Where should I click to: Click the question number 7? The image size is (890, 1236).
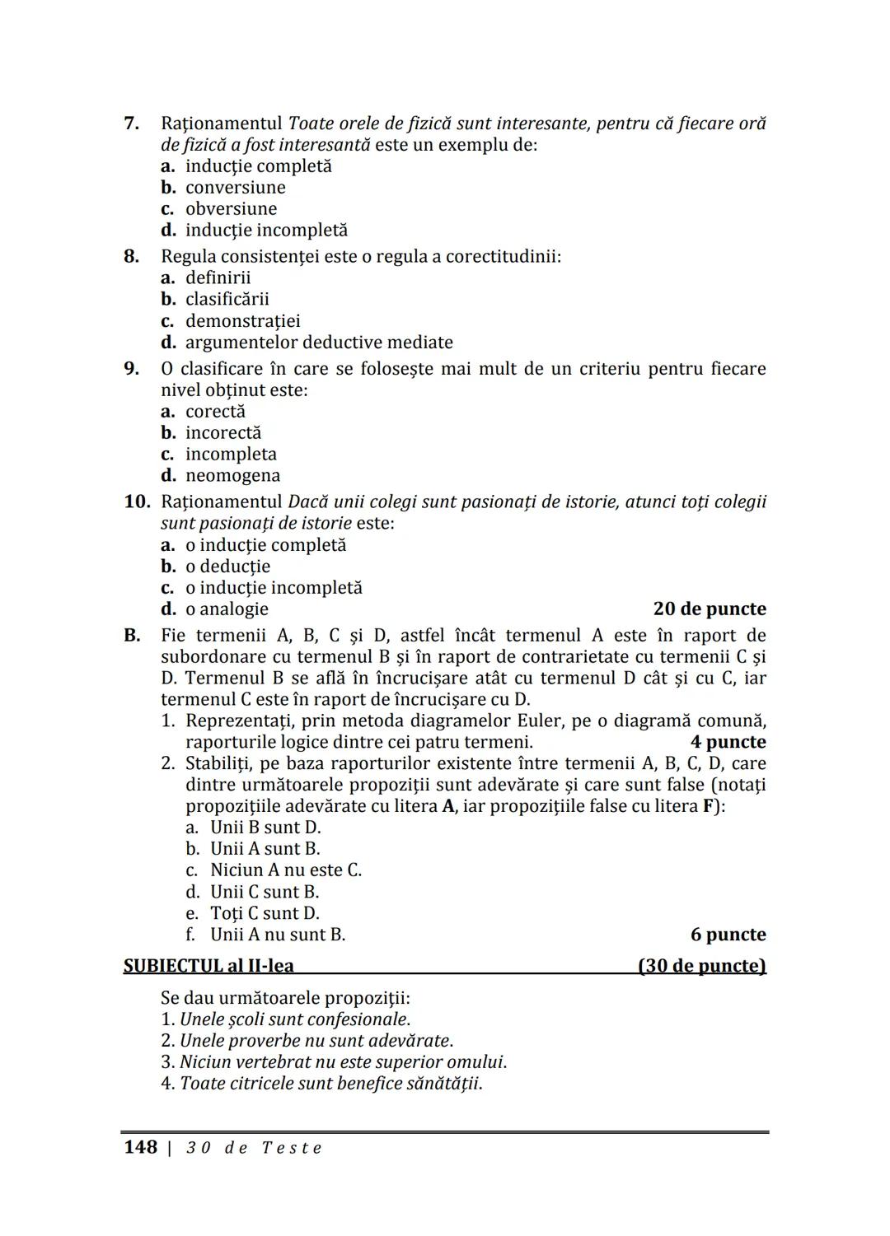pyautogui.click(x=131, y=124)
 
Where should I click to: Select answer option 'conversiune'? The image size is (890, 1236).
pyautogui.click(x=235, y=188)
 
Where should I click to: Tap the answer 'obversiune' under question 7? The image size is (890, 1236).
pyautogui.click(x=231, y=209)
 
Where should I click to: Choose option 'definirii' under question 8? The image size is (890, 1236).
pyautogui.click(x=218, y=278)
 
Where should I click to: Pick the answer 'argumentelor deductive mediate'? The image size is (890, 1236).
pyautogui.click(x=318, y=343)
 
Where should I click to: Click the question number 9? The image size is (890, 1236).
pyautogui.click(x=131, y=369)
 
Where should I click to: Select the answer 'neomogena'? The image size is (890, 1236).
pyautogui.click(x=232, y=476)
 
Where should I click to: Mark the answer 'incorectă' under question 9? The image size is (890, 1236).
pyautogui.click(x=222, y=433)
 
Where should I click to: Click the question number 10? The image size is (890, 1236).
pyautogui.click(x=137, y=502)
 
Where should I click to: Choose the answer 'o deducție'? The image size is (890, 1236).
pyautogui.click(x=227, y=567)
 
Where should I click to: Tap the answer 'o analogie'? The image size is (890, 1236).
pyautogui.click(x=227, y=609)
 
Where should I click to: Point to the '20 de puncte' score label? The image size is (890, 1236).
pyautogui.click(x=709, y=609)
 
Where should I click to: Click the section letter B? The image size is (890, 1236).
pyautogui.click(x=131, y=636)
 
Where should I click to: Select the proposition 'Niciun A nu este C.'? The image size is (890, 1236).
pyautogui.click(x=285, y=870)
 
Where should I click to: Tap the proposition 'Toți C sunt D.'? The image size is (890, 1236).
pyautogui.click(x=265, y=913)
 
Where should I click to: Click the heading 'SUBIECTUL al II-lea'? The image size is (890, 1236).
pyautogui.click(x=208, y=966)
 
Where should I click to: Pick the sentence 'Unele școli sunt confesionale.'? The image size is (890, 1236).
pyautogui.click(x=294, y=1019)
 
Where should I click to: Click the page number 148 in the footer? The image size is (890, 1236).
pyautogui.click(x=140, y=1147)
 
